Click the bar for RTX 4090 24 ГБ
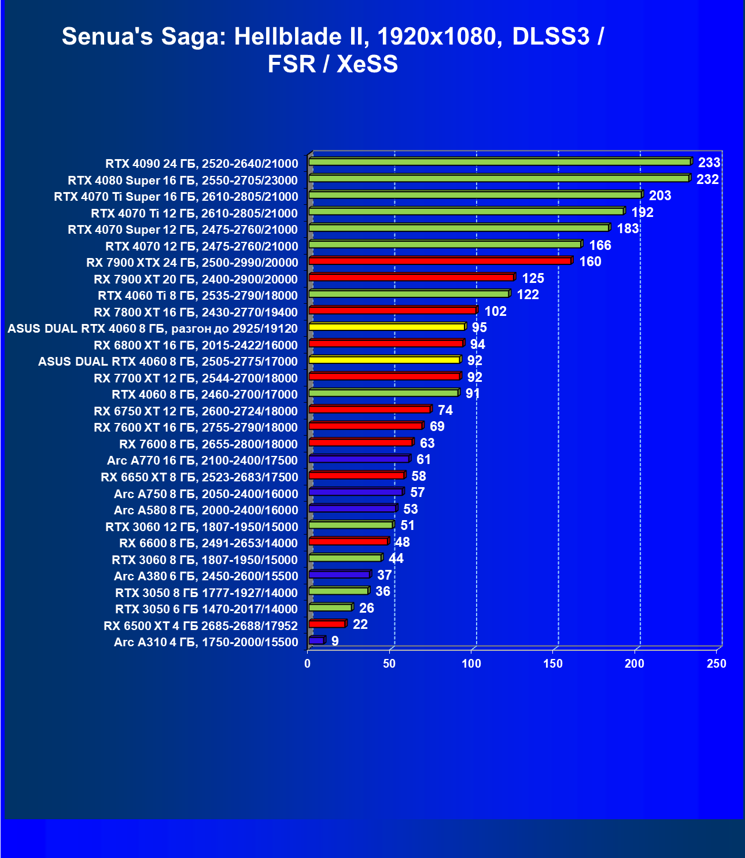pyautogui.click(x=500, y=162)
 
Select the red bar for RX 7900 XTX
pyautogui.click(x=440, y=261)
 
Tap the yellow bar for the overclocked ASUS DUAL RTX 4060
pyautogui.click(x=386, y=327)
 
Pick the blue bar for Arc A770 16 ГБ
pyautogui.click(x=359, y=459)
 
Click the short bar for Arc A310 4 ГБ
pyautogui.click(x=316, y=640)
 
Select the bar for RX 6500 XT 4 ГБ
pyautogui.click(x=327, y=624)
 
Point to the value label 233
pyautogui.click(x=709, y=163)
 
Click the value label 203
pyautogui.click(x=660, y=196)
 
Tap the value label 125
pyautogui.click(x=533, y=278)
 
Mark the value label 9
pyautogui.click(x=335, y=641)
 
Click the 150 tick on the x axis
pyautogui.click(x=553, y=664)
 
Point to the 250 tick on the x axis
pyautogui.click(x=717, y=664)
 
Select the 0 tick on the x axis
pyautogui.click(x=308, y=664)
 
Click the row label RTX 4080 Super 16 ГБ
pyautogui.click(x=183, y=181)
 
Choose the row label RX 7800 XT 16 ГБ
pyautogui.click(x=196, y=312)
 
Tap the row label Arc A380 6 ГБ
pyautogui.click(x=206, y=576)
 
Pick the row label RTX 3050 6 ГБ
pyautogui.click(x=206, y=609)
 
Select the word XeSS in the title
pyautogui.click(x=367, y=64)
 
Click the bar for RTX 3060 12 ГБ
pyautogui.click(x=351, y=525)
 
